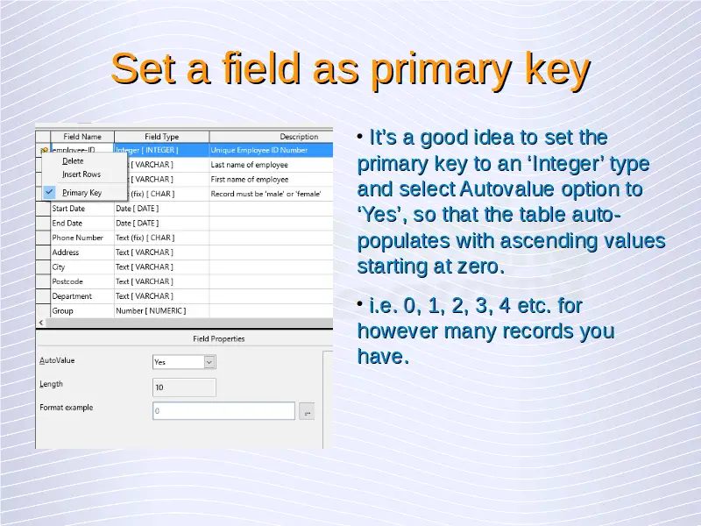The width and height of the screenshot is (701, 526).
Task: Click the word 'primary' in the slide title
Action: click(x=443, y=69)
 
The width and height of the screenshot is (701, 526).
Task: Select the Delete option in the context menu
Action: click(x=73, y=161)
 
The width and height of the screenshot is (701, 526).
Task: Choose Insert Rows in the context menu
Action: click(x=81, y=174)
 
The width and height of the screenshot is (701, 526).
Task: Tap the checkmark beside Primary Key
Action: click(x=49, y=192)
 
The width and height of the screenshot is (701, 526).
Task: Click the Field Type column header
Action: click(x=161, y=137)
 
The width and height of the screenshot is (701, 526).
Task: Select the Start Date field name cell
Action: click(x=82, y=209)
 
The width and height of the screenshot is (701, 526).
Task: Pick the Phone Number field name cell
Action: click(x=82, y=238)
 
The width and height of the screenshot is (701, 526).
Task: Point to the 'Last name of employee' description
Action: click(x=250, y=165)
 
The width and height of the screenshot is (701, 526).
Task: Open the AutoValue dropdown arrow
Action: click(x=209, y=362)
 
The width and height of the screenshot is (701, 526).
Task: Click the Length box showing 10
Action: click(x=184, y=387)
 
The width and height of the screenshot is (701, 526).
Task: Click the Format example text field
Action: click(x=223, y=410)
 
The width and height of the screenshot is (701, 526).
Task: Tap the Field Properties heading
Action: click(x=218, y=339)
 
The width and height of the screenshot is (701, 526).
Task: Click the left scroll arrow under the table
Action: click(x=41, y=323)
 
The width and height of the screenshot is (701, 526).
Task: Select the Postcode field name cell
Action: click(x=82, y=281)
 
